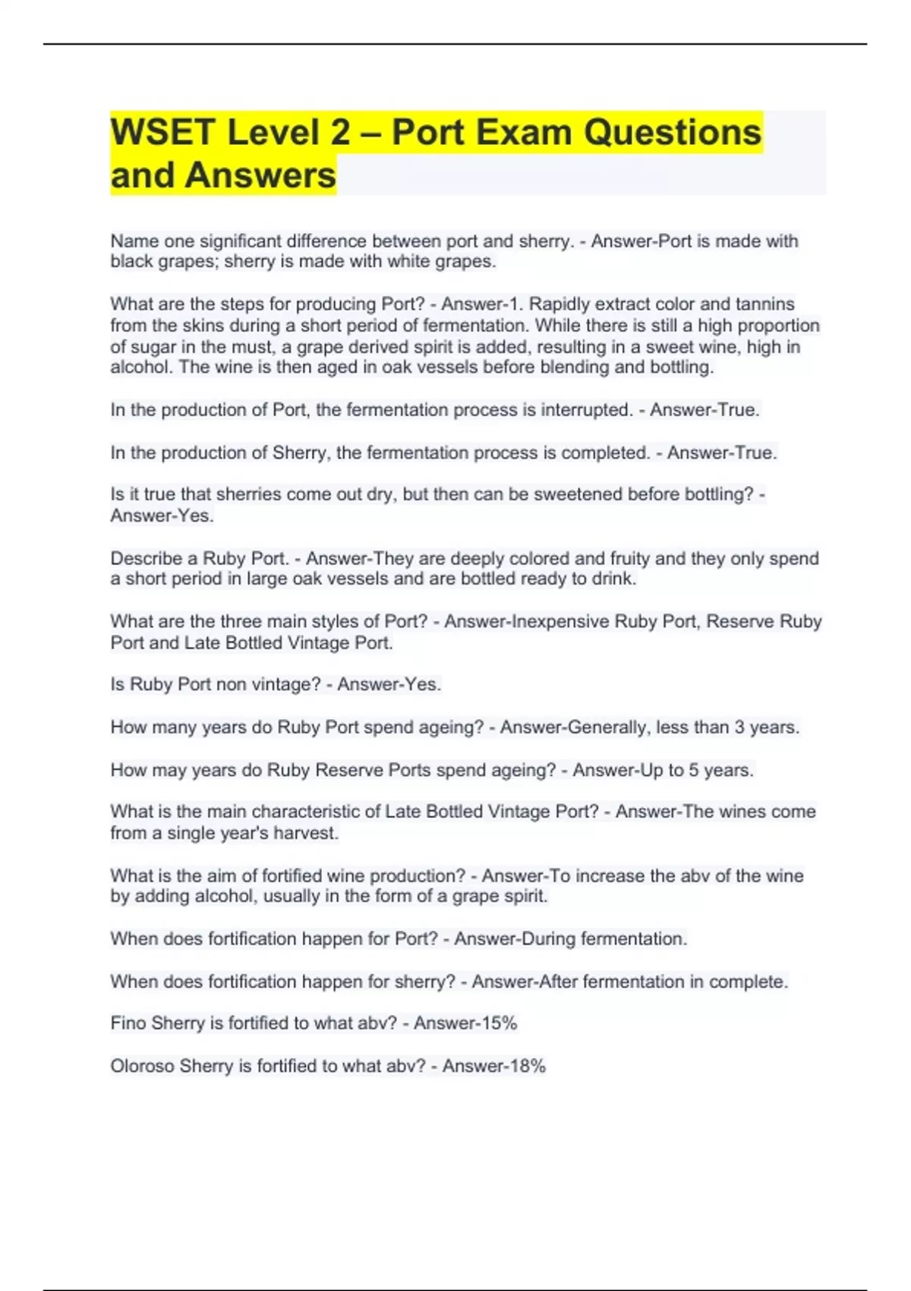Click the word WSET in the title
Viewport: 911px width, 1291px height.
(162, 132)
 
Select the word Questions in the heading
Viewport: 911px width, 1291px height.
(672, 132)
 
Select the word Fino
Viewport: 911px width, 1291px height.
(128, 1024)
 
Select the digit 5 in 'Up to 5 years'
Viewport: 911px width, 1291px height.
(694, 770)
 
